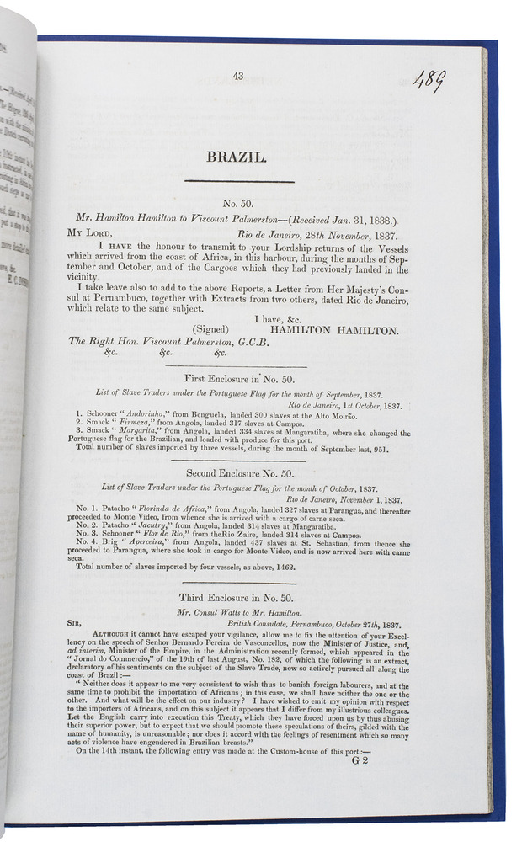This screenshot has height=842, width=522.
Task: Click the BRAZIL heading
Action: (239, 157)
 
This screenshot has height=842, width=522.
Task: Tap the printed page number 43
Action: (238, 77)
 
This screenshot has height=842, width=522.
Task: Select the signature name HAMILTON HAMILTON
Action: (334, 331)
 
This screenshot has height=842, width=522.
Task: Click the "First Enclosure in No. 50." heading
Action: (238, 380)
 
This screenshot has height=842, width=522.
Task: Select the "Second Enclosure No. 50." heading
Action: (239, 474)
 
